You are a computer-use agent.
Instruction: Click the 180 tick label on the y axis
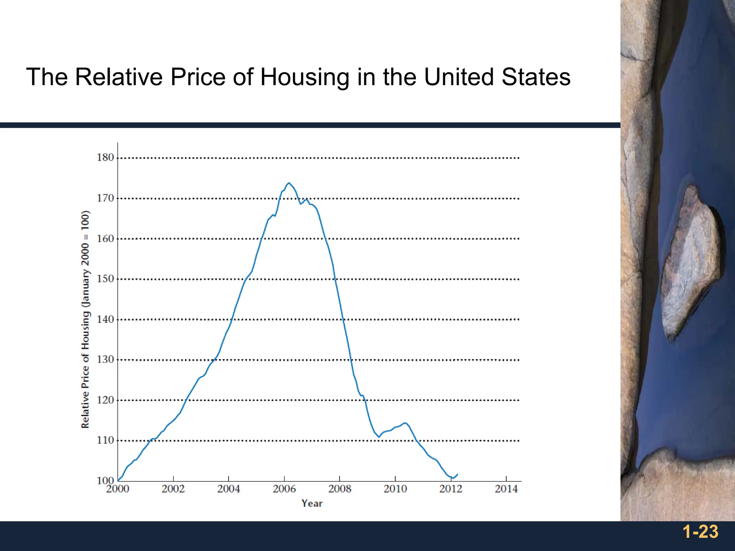[105, 157]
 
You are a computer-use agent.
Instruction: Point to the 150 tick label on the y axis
[105, 279]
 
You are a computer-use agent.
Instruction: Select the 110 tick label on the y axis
[105, 440]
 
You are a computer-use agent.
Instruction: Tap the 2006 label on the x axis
[284, 489]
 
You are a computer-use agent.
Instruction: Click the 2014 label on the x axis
[506, 489]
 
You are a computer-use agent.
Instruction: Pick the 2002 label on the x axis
[173, 489]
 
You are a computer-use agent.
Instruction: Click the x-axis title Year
[312, 503]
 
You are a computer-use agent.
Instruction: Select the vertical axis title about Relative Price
[85, 319]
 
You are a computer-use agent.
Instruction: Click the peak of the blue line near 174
[289, 183]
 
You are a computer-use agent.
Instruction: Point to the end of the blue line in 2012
[457, 474]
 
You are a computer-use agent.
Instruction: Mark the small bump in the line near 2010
[405, 423]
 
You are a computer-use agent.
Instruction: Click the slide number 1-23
[700, 532]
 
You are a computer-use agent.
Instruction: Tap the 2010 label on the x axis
[395, 489]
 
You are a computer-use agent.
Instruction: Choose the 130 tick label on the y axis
[105, 359]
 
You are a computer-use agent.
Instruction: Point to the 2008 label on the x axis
[340, 489]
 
